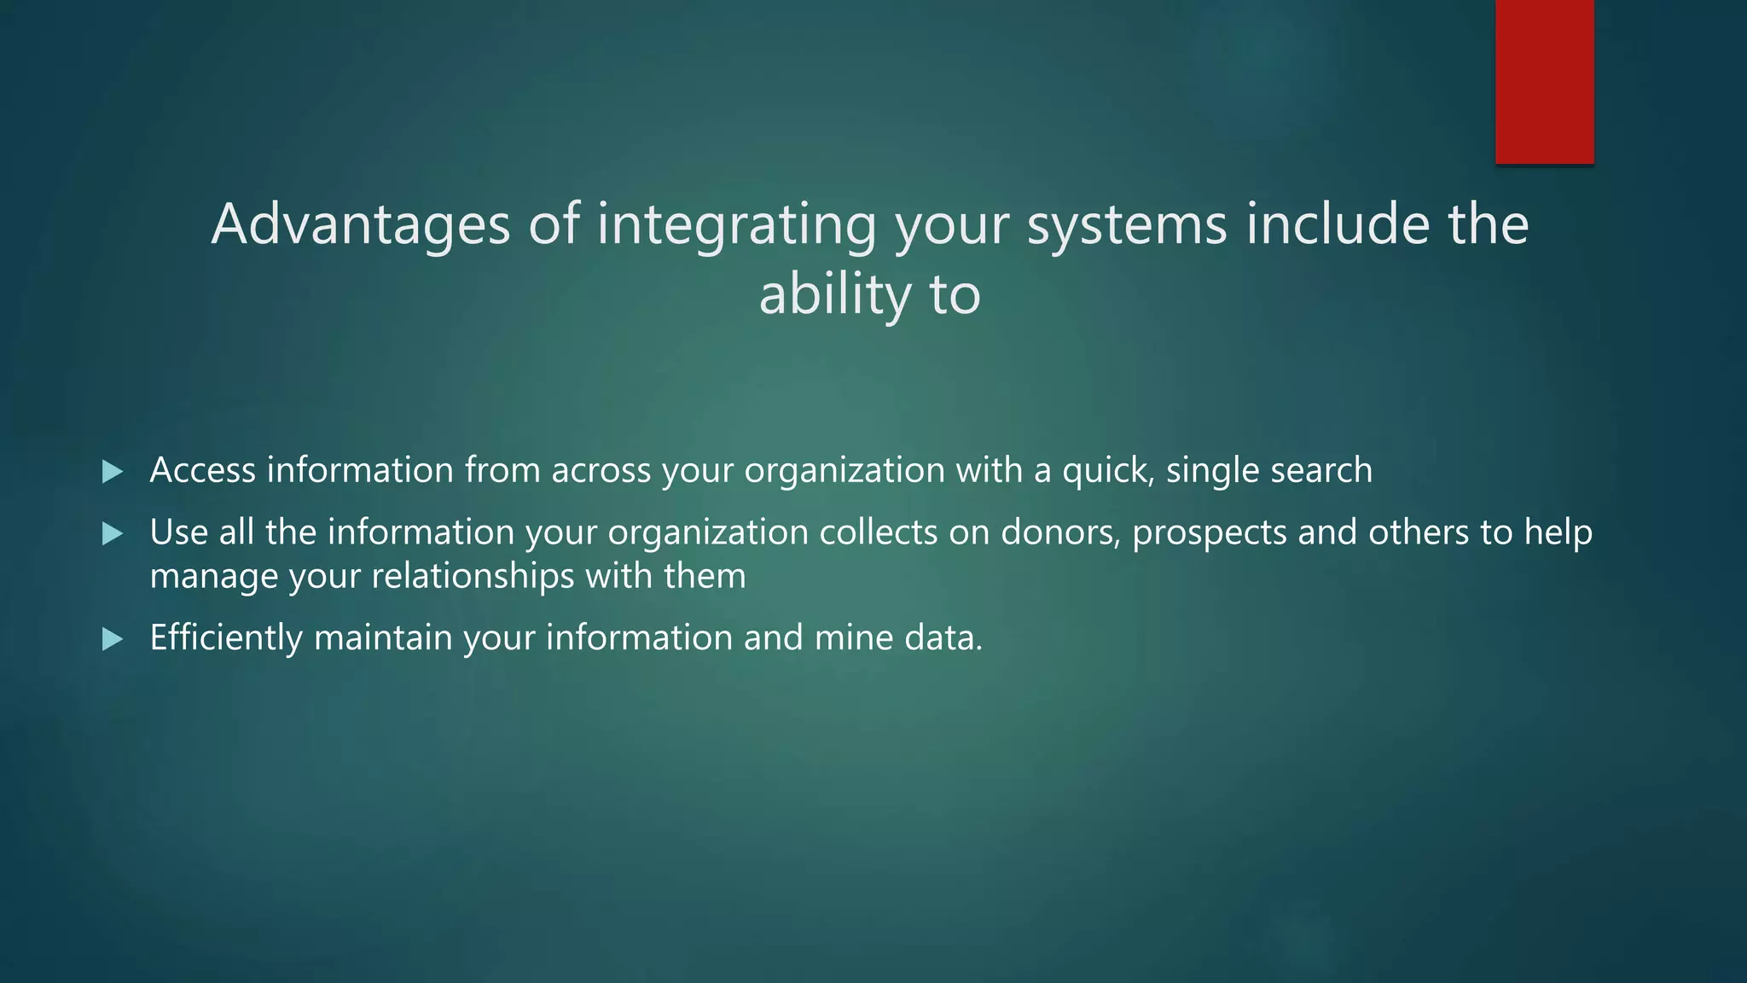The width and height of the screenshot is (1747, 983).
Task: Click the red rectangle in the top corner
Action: pyautogui.click(x=1544, y=81)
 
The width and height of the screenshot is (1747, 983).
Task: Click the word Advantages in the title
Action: pyautogui.click(x=360, y=224)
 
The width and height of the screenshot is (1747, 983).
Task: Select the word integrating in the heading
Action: pyautogui.click(x=736, y=224)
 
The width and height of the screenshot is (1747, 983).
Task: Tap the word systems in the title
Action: pyautogui.click(x=1126, y=224)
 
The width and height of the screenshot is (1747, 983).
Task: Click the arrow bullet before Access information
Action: pyautogui.click(x=113, y=472)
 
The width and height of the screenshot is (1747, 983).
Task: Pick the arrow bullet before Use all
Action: pyautogui.click(x=113, y=534)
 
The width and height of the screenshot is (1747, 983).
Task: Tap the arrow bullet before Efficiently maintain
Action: pyautogui.click(x=113, y=639)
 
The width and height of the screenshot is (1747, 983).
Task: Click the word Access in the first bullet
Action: pyautogui.click(x=202, y=470)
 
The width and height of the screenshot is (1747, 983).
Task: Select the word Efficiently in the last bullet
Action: pyautogui.click(x=226, y=638)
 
